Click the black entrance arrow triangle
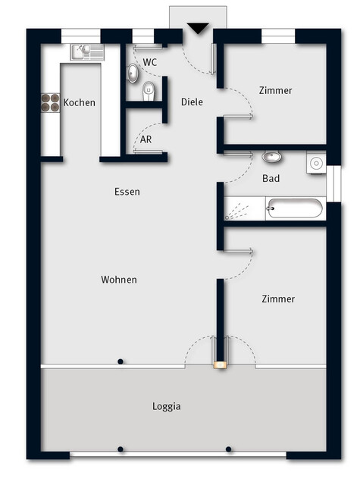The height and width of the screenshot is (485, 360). pos(197,29)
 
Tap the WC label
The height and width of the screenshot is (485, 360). pos(150,62)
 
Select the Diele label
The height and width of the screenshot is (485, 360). pos(193,102)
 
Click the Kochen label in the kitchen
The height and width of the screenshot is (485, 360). pos(80,102)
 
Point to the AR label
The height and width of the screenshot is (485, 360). pos(146,140)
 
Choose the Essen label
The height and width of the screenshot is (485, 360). pos(127,192)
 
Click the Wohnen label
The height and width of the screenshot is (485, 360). pos(119,280)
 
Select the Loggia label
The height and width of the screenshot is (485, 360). pos(166,406)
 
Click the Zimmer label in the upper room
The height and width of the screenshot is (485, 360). pos(275,91)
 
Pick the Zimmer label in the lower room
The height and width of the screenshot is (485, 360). pos(278,299)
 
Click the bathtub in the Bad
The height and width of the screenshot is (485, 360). pos(295,208)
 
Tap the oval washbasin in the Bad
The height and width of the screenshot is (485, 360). pos(272,158)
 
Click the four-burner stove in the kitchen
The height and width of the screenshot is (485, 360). pos(50,103)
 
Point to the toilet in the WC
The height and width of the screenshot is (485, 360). pos(149,93)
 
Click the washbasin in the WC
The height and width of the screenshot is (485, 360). pos(133,73)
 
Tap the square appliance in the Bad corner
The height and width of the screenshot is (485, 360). pos(316,161)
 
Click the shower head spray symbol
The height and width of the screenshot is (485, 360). pos(238,209)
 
